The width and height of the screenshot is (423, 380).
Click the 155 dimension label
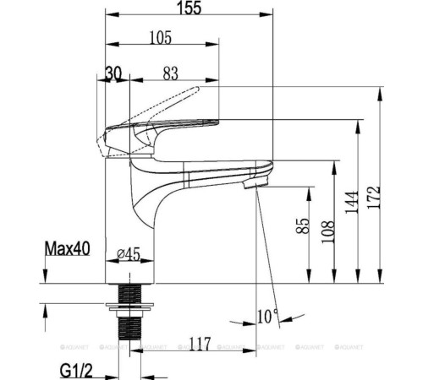click(190, 8)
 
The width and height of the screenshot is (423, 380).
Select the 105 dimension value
click(160, 37)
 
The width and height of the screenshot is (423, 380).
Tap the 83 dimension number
click(171, 73)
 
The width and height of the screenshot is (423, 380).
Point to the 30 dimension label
click(113, 73)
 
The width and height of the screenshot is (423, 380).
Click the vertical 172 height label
click(374, 197)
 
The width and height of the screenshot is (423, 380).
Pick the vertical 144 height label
click(352, 202)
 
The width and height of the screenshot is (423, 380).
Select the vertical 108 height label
click(327, 231)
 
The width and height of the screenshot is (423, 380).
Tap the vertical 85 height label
click(303, 225)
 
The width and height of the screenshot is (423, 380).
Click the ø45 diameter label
click(129, 254)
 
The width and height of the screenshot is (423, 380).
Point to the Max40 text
click(68, 249)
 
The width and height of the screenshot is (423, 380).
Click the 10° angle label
click(268, 316)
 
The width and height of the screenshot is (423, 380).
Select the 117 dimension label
click(200, 344)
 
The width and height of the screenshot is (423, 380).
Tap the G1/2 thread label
click(76, 371)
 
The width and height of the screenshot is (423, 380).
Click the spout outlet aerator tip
click(255, 184)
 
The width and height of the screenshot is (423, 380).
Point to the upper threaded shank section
click(129, 293)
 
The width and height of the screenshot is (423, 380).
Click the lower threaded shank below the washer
click(129, 328)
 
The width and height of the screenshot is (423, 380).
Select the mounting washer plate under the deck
click(129, 307)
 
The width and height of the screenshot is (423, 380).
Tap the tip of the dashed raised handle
click(197, 89)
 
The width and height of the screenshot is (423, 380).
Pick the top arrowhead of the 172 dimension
click(381, 94)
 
